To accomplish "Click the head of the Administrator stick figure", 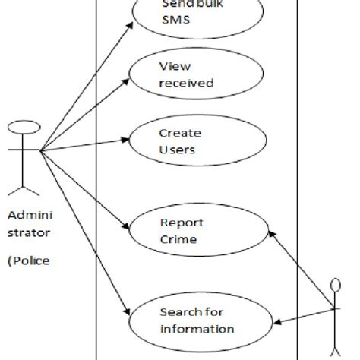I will pyautogui.click(x=24, y=125).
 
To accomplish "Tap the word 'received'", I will pyautogui.click(x=186, y=83).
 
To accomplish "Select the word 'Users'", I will pyautogui.click(x=177, y=149).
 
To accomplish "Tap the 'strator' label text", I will pyautogui.click(x=29, y=233).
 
